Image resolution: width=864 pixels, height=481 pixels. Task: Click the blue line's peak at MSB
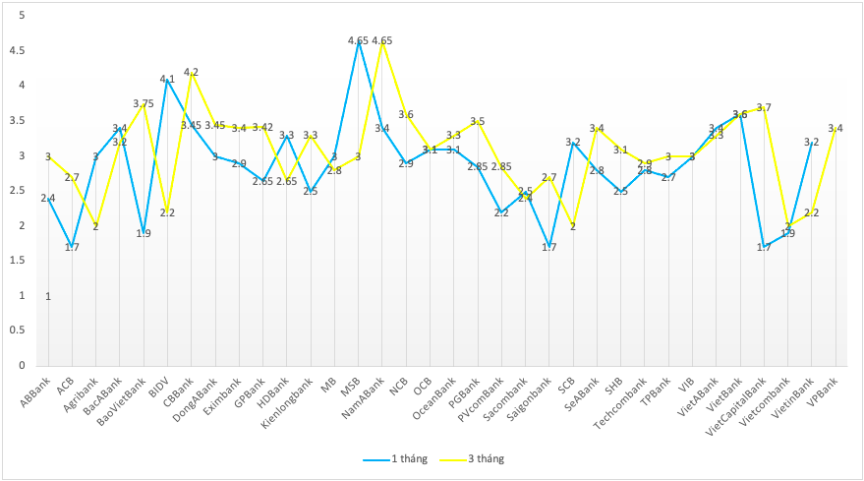[359, 41]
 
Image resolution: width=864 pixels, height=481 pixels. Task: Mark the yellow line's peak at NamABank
[382, 41]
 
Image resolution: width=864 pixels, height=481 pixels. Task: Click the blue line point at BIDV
[167, 79]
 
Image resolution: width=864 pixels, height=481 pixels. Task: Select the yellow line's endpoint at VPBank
[835, 128]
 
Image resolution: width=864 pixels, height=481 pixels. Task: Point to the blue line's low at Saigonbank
[549, 247]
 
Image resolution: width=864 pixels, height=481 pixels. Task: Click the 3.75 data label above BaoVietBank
[144, 103]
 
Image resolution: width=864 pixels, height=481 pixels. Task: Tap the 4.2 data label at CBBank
[191, 72]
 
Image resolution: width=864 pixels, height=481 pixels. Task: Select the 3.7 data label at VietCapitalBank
[764, 107]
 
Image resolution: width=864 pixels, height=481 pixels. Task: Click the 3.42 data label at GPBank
[262, 127]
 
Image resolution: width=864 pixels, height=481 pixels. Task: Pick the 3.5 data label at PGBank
[478, 121]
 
